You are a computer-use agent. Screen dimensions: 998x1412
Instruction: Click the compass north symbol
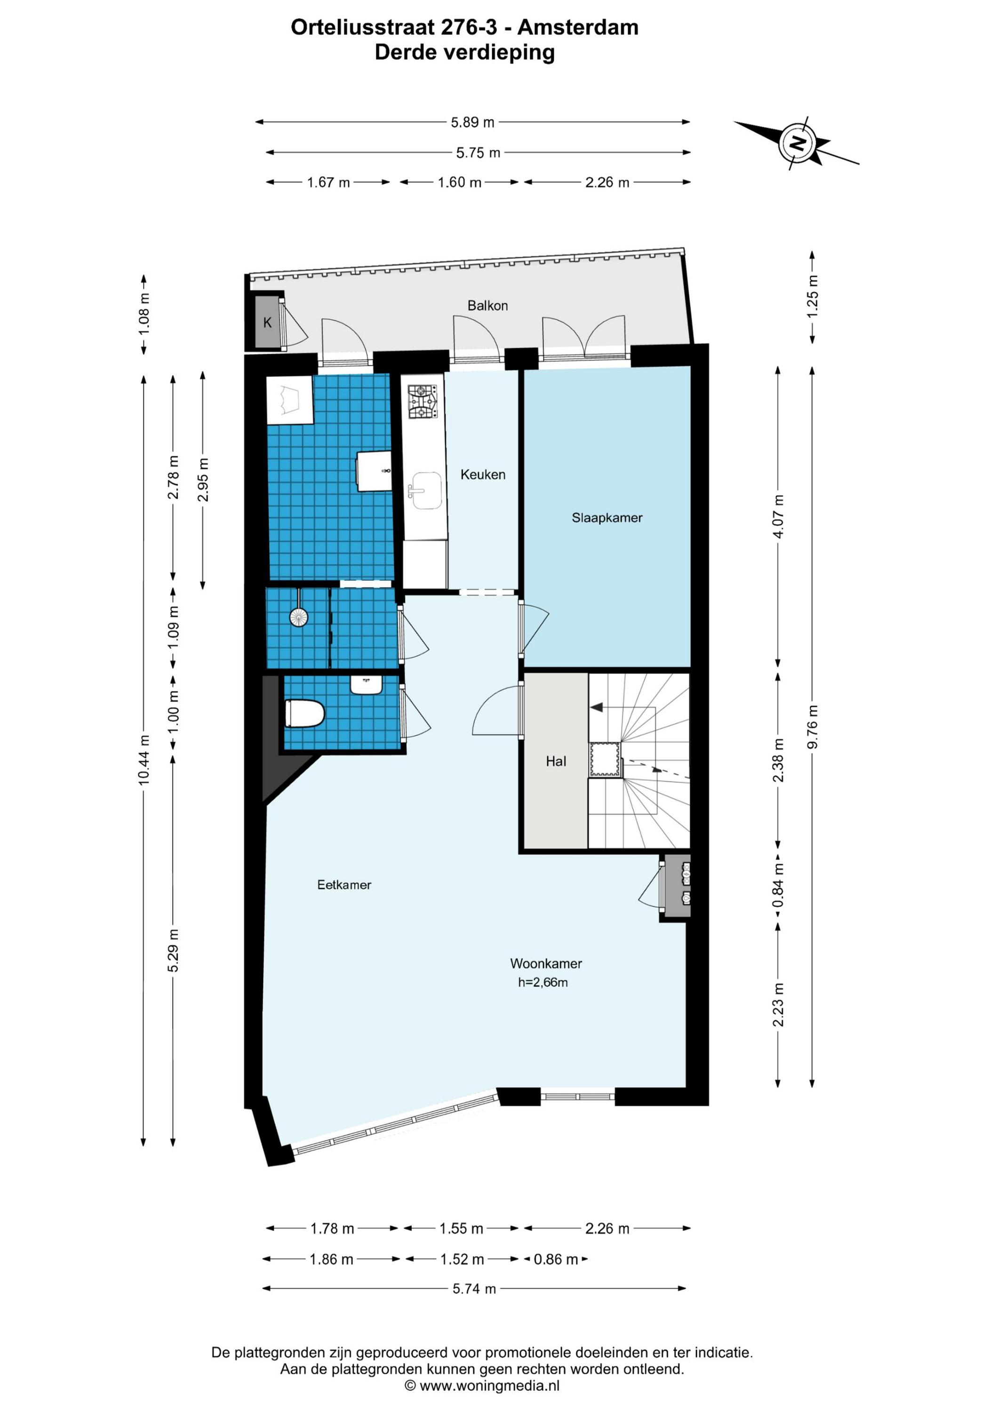(798, 143)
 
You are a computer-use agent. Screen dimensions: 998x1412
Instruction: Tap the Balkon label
(487, 305)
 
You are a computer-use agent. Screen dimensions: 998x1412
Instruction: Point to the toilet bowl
(304, 714)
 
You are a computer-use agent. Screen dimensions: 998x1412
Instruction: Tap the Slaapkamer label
(607, 518)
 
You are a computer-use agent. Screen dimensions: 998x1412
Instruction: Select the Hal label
(556, 762)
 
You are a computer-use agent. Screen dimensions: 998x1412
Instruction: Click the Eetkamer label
(344, 884)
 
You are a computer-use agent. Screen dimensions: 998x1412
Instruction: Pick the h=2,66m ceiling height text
(543, 982)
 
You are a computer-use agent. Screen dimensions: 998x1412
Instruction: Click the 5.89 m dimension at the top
(472, 122)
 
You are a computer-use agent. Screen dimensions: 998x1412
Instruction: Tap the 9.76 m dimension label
(812, 726)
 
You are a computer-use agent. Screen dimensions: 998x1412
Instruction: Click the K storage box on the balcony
(267, 322)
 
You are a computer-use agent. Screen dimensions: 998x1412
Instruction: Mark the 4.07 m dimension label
(778, 516)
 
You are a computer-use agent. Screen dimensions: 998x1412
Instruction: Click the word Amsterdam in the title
(578, 27)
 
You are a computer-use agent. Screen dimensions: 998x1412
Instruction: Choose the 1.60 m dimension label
(459, 182)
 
